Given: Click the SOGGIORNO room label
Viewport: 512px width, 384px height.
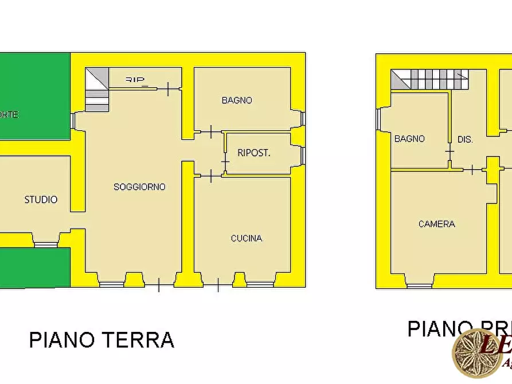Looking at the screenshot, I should [x=139, y=187].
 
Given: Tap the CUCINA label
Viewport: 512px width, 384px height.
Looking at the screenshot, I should [x=247, y=238].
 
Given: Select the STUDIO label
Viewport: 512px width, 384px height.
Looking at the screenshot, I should [x=41, y=199].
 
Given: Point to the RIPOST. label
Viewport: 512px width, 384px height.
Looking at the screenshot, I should [x=254, y=153].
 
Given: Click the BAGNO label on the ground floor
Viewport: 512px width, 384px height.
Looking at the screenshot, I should [x=237, y=100].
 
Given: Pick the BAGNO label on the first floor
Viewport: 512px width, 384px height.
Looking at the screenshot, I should [x=409, y=139].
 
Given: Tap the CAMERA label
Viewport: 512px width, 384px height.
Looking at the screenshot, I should [x=437, y=224].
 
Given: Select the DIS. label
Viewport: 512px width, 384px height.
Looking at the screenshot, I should [x=465, y=139].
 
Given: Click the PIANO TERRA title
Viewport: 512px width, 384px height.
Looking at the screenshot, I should [x=101, y=340].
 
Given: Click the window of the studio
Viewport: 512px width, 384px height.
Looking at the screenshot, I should [x=45, y=245].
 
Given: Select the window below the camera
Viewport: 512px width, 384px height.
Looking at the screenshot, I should [x=419, y=285].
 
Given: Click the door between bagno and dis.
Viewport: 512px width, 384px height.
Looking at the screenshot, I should [x=450, y=151].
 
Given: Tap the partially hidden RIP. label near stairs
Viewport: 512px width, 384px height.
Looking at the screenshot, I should [x=135, y=80].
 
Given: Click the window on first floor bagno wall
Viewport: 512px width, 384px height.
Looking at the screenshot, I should [x=378, y=119].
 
